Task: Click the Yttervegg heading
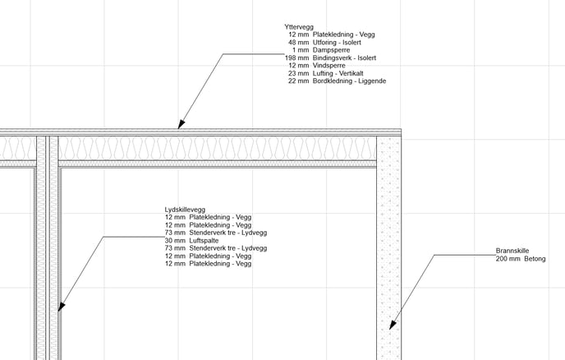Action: pos(299,27)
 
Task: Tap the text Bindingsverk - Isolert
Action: pos(344,58)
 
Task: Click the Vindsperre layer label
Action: pos(329,66)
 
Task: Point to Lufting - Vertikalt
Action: pos(338,73)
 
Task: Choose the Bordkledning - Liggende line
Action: pos(337,81)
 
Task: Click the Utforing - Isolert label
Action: pos(337,43)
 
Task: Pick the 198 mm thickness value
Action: pos(297,58)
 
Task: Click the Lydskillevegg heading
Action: pos(185,210)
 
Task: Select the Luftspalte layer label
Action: pos(204,241)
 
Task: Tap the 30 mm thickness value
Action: pos(175,241)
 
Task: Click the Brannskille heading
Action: pos(512,251)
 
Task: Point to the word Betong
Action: pos(535,259)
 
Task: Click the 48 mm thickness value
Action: pos(298,43)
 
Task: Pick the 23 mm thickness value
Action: pos(298,73)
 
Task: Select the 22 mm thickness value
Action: pos(298,81)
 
